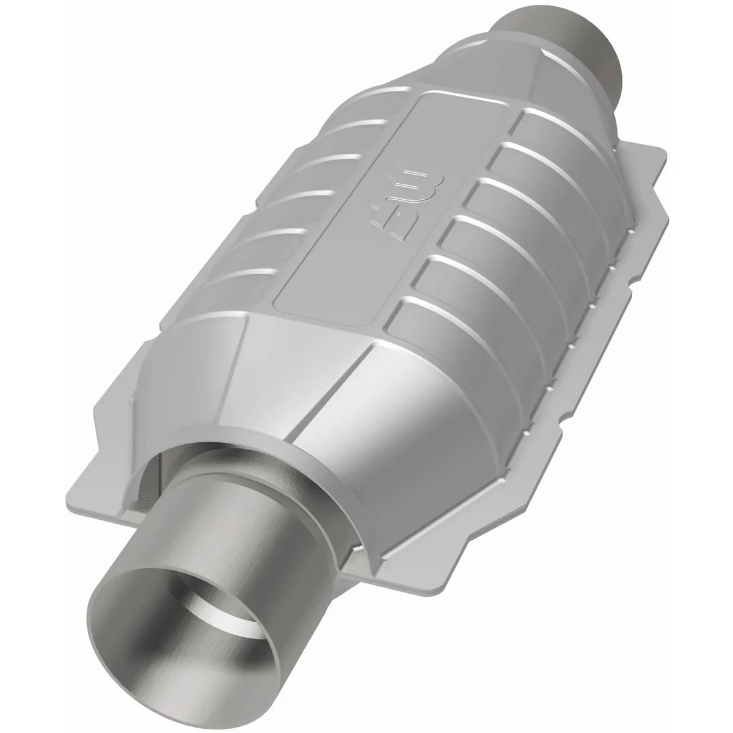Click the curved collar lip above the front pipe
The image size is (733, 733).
[x=244, y=452]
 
